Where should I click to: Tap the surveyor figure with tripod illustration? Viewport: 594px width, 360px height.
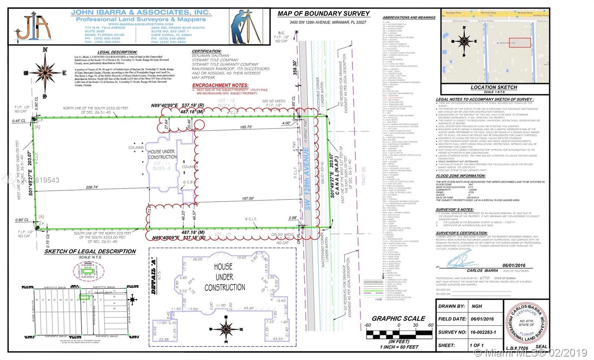pos(245,27)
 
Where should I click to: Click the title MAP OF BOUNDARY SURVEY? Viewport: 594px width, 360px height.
pos(323,14)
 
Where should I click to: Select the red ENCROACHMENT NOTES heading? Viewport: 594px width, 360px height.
pos(220,85)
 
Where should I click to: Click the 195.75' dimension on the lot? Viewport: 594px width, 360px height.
pos(246,127)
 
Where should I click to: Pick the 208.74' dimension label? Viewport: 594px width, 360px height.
pos(92,187)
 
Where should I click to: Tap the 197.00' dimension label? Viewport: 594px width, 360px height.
pos(248,199)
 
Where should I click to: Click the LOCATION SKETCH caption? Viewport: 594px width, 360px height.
pos(494,87)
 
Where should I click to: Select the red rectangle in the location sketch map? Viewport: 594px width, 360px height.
pos(519,42)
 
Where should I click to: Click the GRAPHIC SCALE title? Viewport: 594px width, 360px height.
pos(398,318)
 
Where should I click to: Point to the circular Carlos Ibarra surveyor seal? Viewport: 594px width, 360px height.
pos(526,323)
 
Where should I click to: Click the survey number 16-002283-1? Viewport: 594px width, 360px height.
pos(483,332)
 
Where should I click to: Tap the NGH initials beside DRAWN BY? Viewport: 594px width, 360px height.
pos(477,306)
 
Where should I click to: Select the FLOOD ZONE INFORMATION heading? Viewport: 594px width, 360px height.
pos(460,176)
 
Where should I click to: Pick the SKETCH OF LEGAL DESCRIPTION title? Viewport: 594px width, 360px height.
pos(90,251)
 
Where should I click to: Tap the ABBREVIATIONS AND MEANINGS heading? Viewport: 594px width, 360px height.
pos(409,17)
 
